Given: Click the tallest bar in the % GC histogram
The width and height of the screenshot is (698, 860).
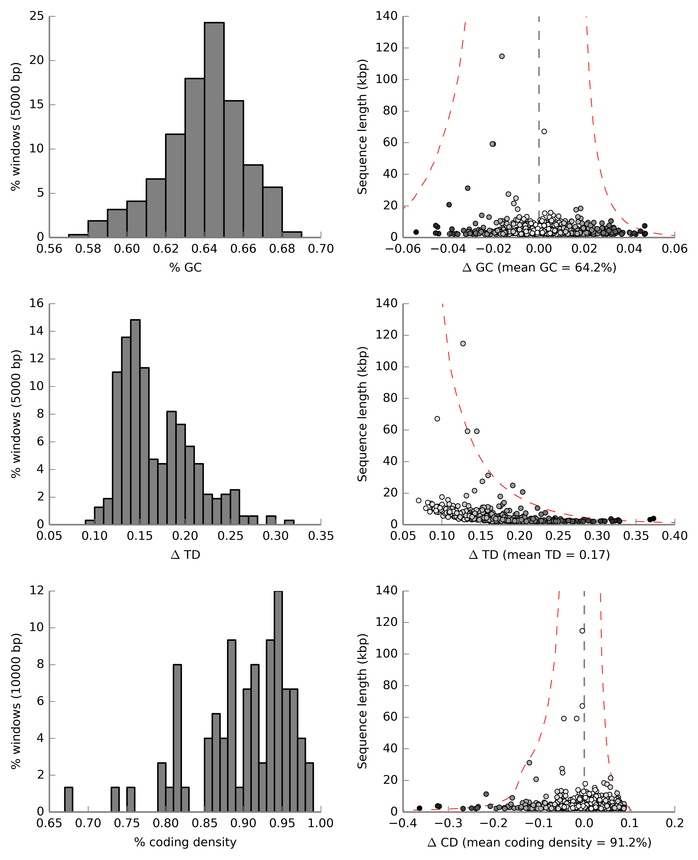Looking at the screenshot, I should point(214,129).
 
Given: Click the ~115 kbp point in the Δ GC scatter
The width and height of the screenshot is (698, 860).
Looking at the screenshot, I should point(502,56).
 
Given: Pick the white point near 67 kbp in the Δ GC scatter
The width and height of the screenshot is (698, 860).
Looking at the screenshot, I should point(544,132).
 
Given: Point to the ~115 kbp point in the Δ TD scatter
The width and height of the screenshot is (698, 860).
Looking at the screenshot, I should point(463,344).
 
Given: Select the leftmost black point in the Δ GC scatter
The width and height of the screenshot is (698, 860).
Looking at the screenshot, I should point(416,232).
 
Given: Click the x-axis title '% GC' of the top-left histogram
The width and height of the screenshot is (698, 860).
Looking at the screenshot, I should point(185,268).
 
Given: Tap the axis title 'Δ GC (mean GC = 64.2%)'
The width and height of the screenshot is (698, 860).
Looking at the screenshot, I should point(539,268).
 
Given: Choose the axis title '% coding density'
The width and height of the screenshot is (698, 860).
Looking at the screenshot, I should point(185,842).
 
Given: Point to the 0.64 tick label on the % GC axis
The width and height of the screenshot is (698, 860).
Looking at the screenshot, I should point(204,249).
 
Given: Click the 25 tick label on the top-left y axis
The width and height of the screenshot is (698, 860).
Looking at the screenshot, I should point(37,16).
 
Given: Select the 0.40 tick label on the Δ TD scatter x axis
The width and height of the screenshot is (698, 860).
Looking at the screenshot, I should point(674,536).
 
